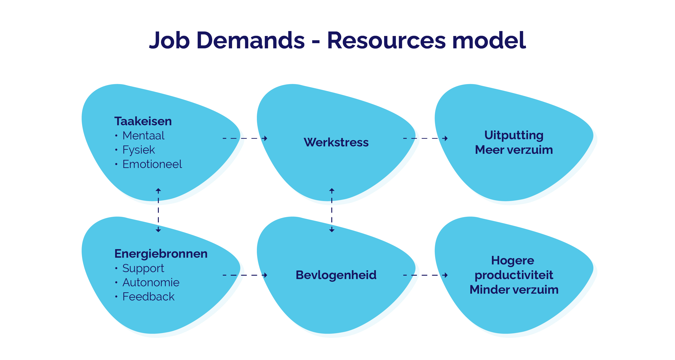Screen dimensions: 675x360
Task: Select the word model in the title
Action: coord(489,40)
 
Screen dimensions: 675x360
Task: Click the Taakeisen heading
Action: coord(143,121)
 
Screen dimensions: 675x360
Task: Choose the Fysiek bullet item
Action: coord(139,150)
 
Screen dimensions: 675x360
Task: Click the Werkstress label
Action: coord(336,142)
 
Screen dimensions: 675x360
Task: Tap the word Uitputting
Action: coord(514,135)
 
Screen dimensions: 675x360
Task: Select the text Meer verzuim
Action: coord(514,150)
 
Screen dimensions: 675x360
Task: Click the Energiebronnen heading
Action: coord(161,254)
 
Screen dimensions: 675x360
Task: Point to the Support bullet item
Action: coord(143,268)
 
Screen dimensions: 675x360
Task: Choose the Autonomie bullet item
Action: coord(151,282)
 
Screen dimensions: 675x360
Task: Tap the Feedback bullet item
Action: coord(148,297)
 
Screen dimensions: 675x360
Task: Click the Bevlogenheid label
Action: coord(336,275)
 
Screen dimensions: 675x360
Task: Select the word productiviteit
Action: coord(514,275)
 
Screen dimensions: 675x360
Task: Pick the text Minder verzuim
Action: coord(514,290)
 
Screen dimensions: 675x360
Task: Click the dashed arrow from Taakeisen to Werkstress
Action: coord(245,138)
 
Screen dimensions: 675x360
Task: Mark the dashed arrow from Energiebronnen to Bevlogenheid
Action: coord(245,275)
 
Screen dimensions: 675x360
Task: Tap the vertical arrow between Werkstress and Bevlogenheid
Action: coord(332,210)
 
